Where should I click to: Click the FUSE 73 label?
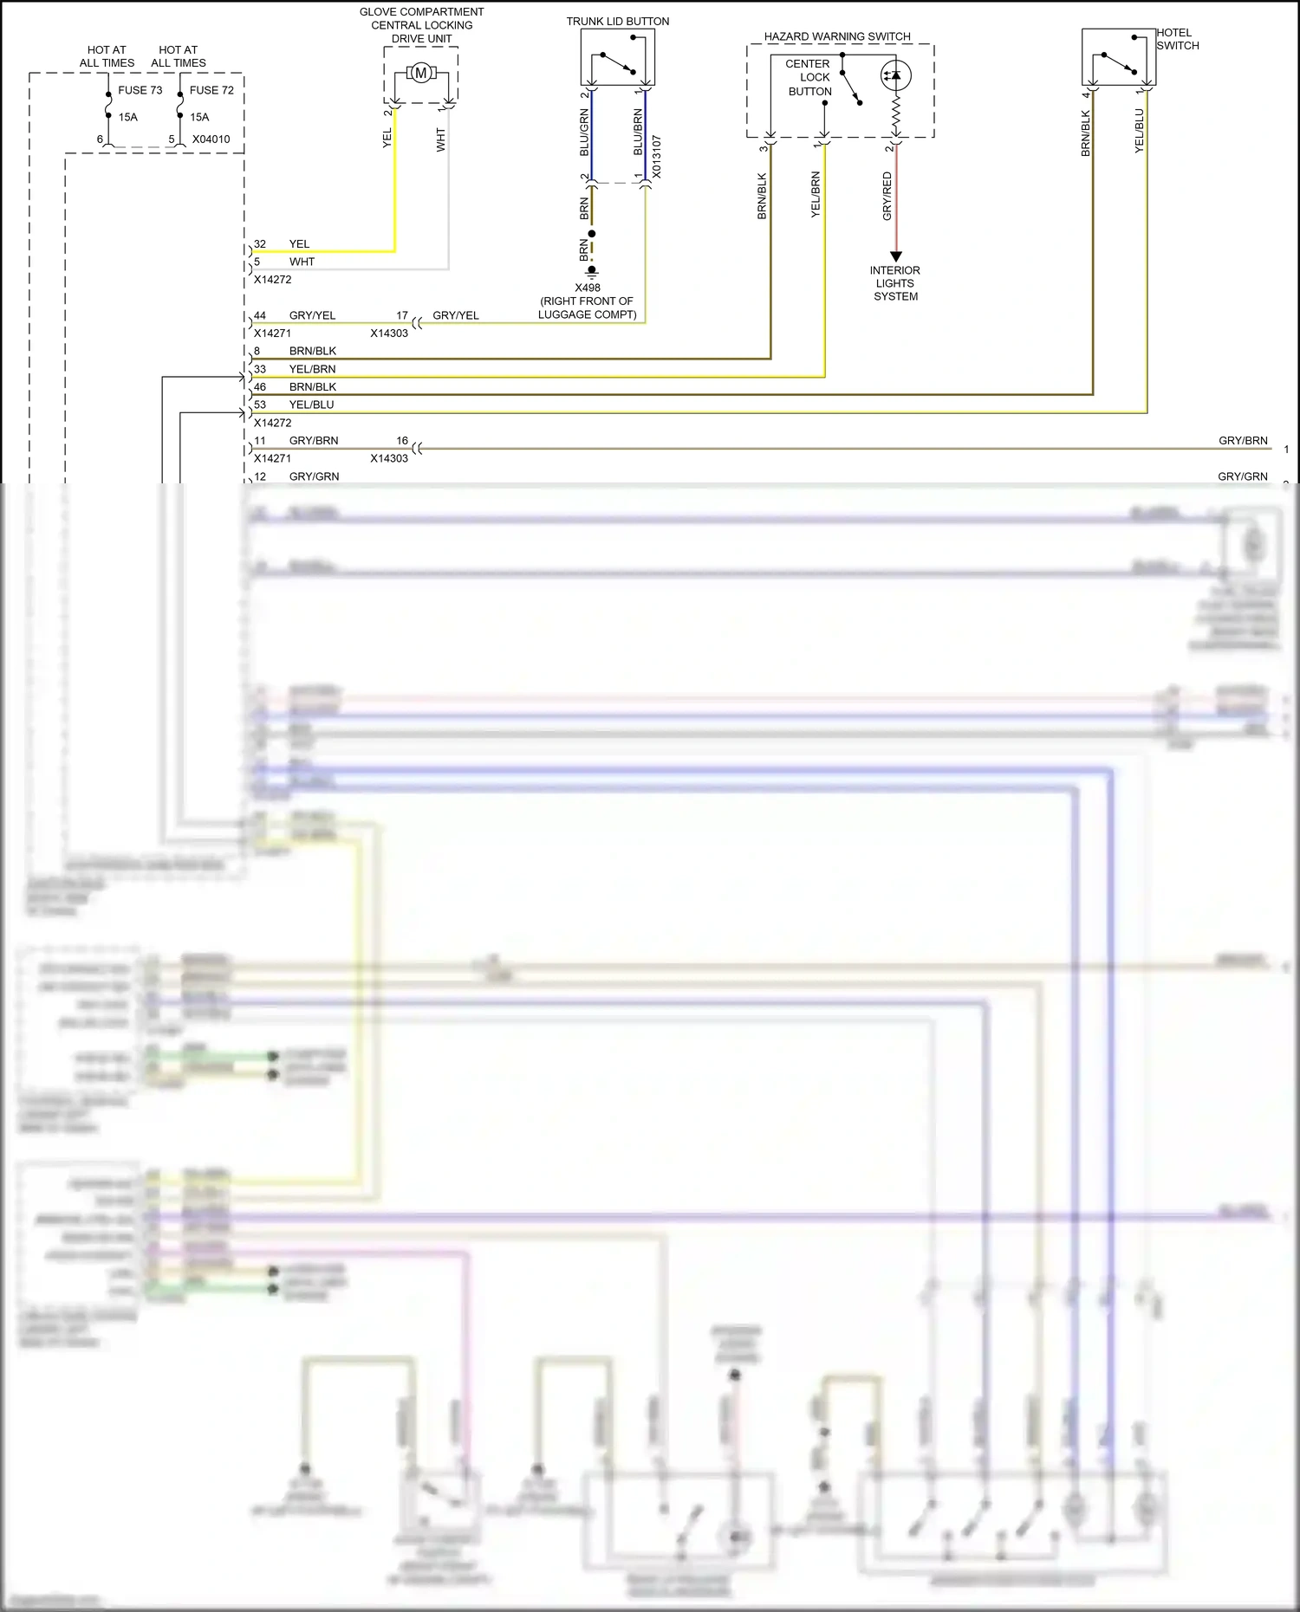[140, 90]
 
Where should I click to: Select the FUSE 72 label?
[211, 90]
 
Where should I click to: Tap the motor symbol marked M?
[421, 74]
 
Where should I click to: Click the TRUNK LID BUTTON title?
[617, 22]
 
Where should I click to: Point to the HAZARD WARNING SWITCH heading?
[837, 36]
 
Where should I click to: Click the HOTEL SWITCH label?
[1177, 39]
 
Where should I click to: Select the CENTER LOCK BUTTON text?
[809, 77]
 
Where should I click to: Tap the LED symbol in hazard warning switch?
[895, 75]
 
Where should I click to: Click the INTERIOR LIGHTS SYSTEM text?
[895, 283]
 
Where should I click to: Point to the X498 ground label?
[587, 288]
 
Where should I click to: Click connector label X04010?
[211, 139]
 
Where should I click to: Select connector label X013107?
[656, 157]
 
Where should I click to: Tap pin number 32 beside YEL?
[260, 244]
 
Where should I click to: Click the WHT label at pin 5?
[302, 262]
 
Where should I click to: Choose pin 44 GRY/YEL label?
[312, 315]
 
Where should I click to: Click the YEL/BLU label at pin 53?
[311, 405]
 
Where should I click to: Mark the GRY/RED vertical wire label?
[887, 196]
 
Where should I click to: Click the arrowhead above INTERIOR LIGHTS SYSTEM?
[896, 256]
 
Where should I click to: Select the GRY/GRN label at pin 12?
[314, 476]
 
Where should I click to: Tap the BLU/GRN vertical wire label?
[584, 133]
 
